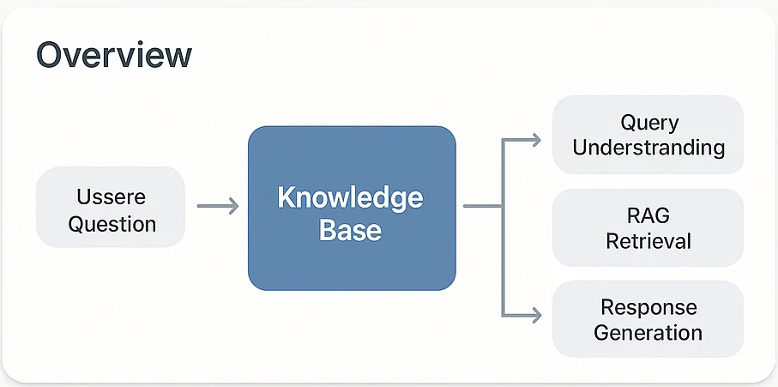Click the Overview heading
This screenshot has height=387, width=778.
(x=114, y=55)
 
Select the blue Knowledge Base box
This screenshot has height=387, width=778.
(x=352, y=208)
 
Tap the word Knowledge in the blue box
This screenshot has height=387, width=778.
(x=350, y=198)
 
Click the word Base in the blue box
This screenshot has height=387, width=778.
(x=350, y=230)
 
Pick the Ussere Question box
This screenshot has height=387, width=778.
(x=111, y=207)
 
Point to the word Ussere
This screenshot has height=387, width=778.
(x=112, y=197)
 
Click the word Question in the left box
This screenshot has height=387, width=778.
(x=112, y=224)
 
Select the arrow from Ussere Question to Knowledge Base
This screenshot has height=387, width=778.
(x=218, y=205)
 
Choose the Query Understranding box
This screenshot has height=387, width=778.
(x=648, y=135)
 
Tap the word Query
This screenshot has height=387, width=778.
(x=649, y=124)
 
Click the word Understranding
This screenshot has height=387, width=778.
(x=648, y=148)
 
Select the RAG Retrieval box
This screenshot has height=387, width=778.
(x=648, y=227)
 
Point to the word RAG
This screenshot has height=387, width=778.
(x=648, y=216)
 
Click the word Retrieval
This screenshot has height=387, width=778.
(x=648, y=242)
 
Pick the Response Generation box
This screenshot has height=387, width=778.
(x=648, y=319)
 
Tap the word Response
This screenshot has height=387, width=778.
(x=649, y=308)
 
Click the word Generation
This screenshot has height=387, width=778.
(x=648, y=332)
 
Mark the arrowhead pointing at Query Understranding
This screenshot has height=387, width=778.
(x=536, y=141)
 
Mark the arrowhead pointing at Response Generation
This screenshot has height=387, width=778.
(x=536, y=315)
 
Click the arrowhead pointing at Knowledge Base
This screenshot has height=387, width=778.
(x=233, y=205)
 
